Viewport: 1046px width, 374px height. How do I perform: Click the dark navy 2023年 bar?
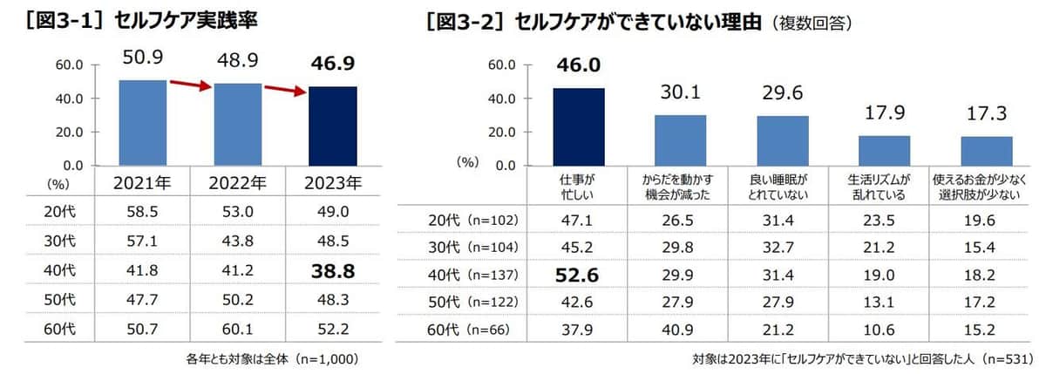pos(333,126)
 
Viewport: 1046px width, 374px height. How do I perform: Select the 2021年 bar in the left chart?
pos(142,122)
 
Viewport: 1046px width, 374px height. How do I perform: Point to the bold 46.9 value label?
pos(333,63)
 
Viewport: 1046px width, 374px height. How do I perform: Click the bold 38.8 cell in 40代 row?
pos(333,272)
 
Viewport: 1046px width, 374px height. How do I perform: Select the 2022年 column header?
pos(238,185)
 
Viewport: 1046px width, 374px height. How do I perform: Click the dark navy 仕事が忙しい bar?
pos(578,126)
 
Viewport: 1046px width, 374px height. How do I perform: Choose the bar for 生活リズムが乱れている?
pos(884,150)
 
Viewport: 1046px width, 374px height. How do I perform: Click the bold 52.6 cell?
pos(578,275)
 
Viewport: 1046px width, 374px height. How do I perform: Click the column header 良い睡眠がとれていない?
pos(782,186)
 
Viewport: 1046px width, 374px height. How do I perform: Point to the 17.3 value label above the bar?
pos(986,115)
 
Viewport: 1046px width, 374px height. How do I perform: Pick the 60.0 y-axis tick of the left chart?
pos(70,65)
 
